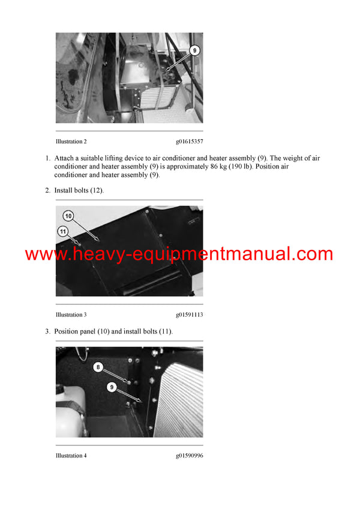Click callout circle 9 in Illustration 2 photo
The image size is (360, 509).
pyautogui.click(x=194, y=51)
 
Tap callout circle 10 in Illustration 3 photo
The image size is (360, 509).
pyautogui.click(x=68, y=216)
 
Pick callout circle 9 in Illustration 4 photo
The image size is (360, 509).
pyautogui.click(x=112, y=387)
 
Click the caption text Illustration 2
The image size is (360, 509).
pyautogui.click(x=71, y=141)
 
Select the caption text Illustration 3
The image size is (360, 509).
pyautogui.click(x=71, y=315)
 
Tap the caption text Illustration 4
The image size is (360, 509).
pyautogui.click(x=71, y=456)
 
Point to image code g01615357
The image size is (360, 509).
pyautogui.click(x=189, y=141)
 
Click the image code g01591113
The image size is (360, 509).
pyautogui.click(x=189, y=315)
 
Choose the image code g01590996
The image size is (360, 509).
pyautogui.click(x=189, y=456)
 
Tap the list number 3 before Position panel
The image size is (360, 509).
pyautogui.click(x=47, y=332)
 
